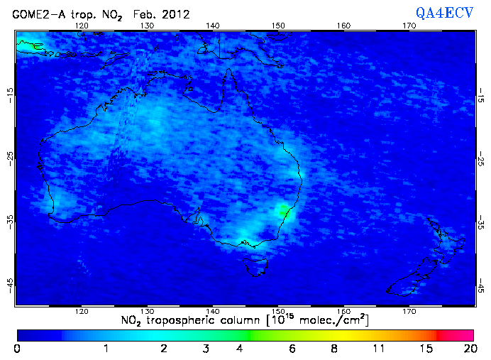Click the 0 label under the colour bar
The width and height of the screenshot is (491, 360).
(17, 349)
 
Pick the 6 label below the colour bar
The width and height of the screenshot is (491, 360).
(292, 349)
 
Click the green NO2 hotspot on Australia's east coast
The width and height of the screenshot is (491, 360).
(284, 209)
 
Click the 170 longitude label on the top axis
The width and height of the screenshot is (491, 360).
(409, 26)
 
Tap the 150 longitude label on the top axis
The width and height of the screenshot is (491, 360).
(278, 26)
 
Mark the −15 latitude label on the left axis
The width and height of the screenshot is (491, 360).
(9, 92)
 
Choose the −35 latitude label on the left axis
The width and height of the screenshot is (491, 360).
(9, 221)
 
